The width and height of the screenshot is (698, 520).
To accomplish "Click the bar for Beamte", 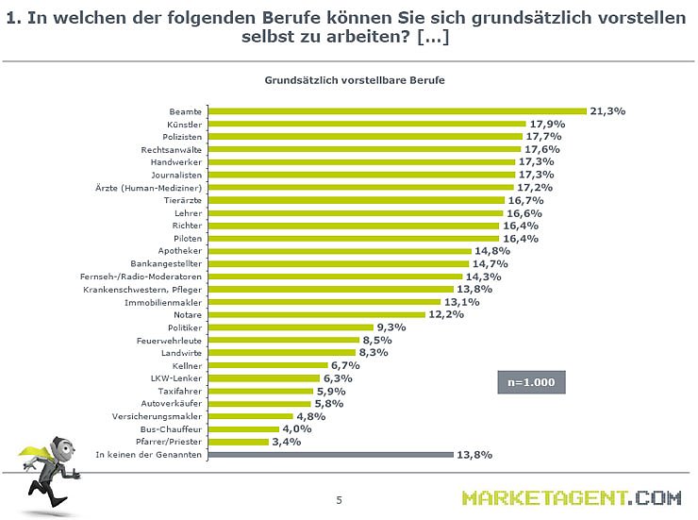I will pyautogui.click(x=396, y=111).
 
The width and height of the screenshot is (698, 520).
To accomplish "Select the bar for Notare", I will pyautogui.click(x=316, y=315).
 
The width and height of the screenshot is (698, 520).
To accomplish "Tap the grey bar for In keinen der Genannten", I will pyautogui.click(x=329, y=455).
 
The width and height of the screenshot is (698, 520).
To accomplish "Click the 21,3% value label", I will pyautogui.click(x=607, y=110).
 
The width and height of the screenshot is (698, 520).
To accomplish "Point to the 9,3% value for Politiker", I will pyautogui.click(x=391, y=327).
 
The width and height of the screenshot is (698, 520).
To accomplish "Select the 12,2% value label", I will pyautogui.click(x=447, y=315).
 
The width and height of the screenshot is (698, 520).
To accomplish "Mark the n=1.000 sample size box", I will pyautogui.click(x=531, y=382).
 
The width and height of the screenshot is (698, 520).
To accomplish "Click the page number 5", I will pyautogui.click(x=339, y=500).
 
